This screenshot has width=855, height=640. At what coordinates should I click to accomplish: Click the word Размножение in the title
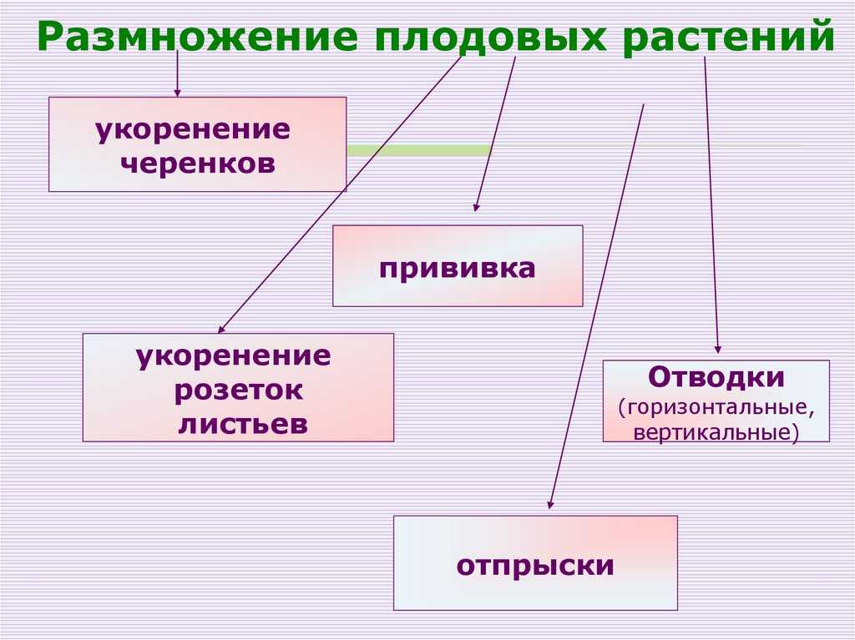[x=197, y=36]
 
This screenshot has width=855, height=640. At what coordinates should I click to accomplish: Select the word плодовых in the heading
[x=490, y=37]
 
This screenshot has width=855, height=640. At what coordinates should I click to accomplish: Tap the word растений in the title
[x=728, y=36]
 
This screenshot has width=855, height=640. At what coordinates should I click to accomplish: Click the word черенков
[x=197, y=163]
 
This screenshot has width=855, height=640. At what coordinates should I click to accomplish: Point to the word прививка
[x=457, y=268]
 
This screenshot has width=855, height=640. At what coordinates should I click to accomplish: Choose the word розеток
[x=238, y=391]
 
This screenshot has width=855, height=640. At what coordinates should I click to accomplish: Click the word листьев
[x=243, y=424]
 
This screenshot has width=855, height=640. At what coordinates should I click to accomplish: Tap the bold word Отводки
[x=716, y=376]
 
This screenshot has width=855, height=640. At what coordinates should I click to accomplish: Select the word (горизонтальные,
[x=716, y=408]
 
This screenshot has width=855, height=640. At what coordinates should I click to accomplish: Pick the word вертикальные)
[x=716, y=432]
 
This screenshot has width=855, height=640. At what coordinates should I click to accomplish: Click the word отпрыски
[x=535, y=566]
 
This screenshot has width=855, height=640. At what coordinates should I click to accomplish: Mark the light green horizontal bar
[x=419, y=150]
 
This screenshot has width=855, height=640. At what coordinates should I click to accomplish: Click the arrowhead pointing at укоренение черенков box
[x=177, y=93]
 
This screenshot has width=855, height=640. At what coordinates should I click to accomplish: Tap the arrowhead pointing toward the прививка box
[x=475, y=207]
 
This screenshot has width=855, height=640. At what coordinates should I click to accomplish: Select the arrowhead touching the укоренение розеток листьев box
[x=220, y=329]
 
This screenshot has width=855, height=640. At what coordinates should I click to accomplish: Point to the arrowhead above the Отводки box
[x=718, y=350]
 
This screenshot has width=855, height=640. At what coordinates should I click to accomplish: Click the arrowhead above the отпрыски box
[x=550, y=504]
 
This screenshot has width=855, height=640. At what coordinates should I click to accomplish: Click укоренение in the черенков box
[x=193, y=130]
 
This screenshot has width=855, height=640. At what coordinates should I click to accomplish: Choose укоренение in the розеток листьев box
[x=234, y=357]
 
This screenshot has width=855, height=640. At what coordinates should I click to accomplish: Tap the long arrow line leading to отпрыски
[x=596, y=307]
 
